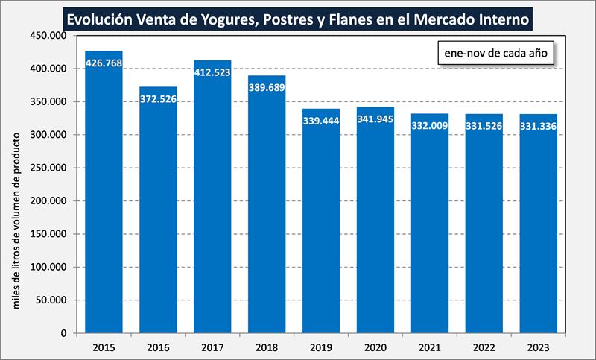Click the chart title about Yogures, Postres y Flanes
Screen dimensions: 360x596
pos(298,17)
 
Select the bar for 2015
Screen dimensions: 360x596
pos(104,194)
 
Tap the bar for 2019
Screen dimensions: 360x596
pos(321,224)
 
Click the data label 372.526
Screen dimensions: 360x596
pos(158,99)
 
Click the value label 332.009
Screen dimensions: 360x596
pos(430,126)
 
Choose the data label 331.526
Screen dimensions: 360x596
pos(484,126)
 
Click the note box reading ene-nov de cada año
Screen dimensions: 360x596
pos(495,54)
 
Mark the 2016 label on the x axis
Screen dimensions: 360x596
pos(158,347)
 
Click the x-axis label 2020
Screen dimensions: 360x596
pos(375,347)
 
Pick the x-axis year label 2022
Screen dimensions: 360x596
pos(484,347)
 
